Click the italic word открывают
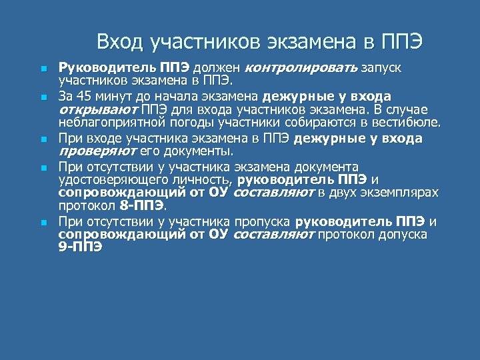[96, 110]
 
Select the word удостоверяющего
[107, 180]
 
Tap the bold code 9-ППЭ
[80, 248]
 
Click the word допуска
[399, 235]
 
